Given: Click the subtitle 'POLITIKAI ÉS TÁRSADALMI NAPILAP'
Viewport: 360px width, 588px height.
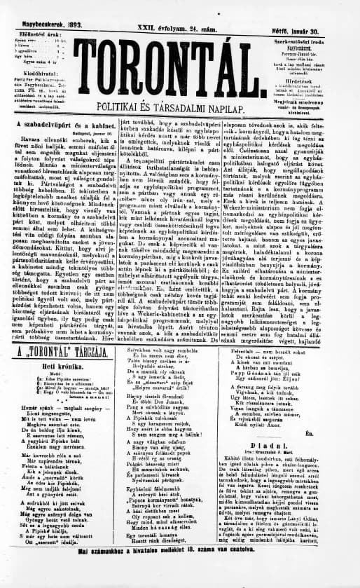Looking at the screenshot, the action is tap(183, 110).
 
